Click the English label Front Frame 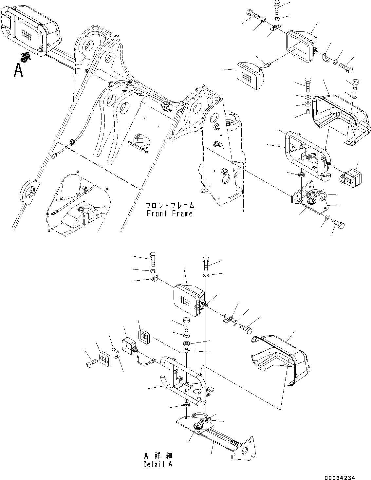coord(170,214)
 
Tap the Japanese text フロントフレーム coord(170,206)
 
